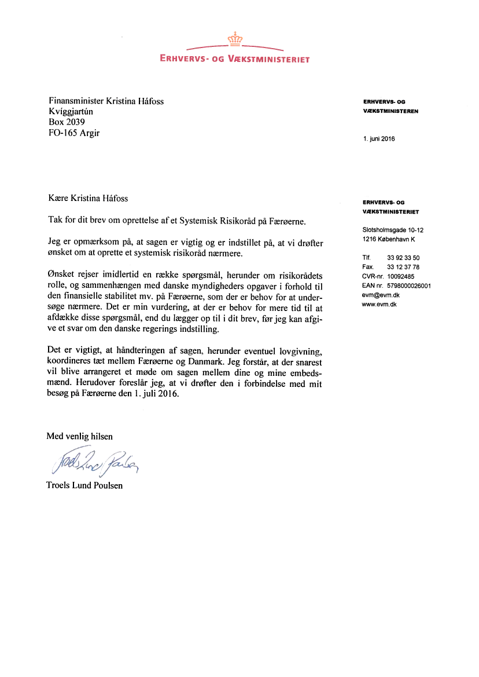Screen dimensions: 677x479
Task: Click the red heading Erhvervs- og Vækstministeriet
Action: coord(235,59)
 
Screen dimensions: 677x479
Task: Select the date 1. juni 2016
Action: coord(379,139)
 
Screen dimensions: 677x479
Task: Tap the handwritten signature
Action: coord(92,460)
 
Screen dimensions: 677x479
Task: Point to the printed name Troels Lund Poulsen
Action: coord(84,485)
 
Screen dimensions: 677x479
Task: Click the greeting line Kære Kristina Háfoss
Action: coord(88,198)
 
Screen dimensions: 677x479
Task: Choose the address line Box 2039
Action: coord(67,122)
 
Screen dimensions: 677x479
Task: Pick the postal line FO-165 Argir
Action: coord(74,133)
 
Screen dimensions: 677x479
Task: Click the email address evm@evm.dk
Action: coord(381,295)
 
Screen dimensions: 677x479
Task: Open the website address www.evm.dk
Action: coord(379,304)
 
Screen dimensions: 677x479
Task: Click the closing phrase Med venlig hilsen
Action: coord(80,436)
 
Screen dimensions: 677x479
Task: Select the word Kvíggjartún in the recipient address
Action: coord(71,112)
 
